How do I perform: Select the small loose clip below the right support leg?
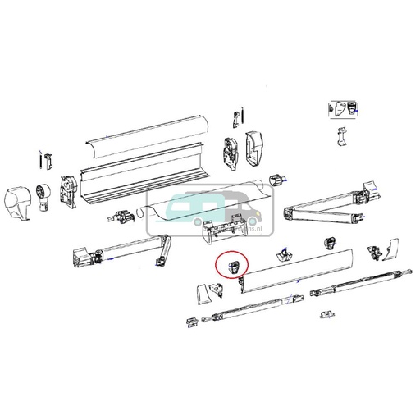tap(326, 314)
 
